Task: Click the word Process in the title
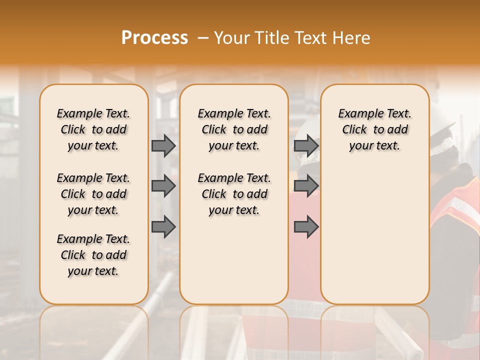(x=154, y=37)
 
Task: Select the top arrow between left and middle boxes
(x=163, y=145)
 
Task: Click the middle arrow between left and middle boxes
(x=163, y=186)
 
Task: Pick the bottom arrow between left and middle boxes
(x=163, y=227)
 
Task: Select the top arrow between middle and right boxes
(x=306, y=145)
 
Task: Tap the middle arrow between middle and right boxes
(x=306, y=186)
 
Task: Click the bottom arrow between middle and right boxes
(x=306, y=227)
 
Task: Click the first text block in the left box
(x=93, y=129)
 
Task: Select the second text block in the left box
(x=93, y=194)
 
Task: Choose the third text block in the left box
(x=93, y=255)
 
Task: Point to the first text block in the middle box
(x=234, y=129)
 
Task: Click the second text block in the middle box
(x=234, y=194)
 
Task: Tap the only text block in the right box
(x=374, y=129)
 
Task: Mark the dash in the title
(x=202, y=37)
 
